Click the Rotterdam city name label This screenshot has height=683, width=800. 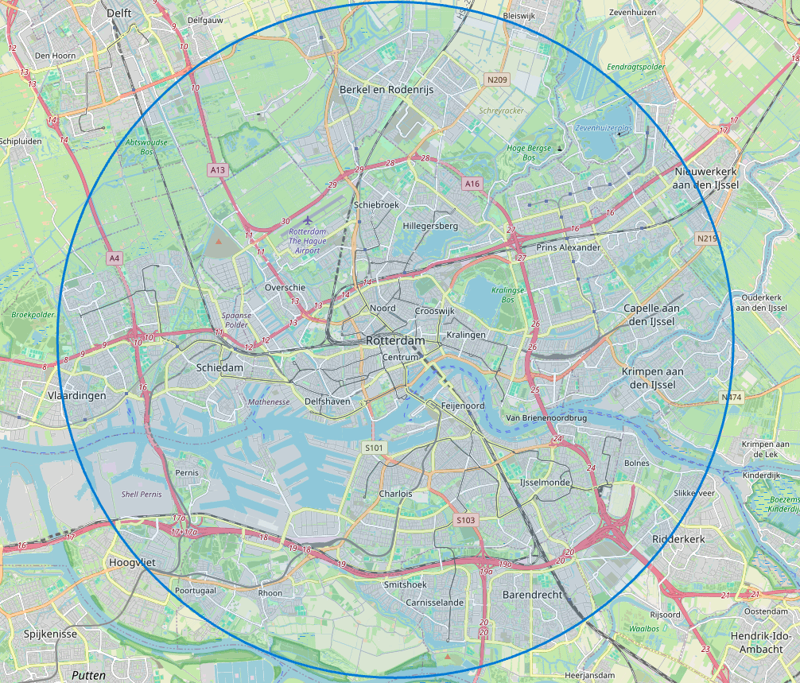pyautogui.click(x=395, y=340)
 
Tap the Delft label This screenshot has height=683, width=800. pyautogui.click(x=119, y=14)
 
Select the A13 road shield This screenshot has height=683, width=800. pyautogui.click(x=217, y=170)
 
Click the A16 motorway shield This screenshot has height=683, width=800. pyautogui.click(x=472, y=184)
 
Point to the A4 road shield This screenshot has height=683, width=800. pyautogui.click(x=115, y=258)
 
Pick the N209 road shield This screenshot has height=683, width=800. pyautogui.click(x=497, y=80)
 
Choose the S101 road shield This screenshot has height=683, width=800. pyautogui.click(x=374, y=448)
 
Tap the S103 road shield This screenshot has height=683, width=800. pyautogui.click(x=466, y=520)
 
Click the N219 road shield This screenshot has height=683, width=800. pyautogui.click(x=705, y=239)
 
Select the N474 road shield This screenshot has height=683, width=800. pyautogui.click(x=731, y=397)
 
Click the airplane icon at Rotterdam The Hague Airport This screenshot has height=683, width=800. pyautogui.click(x=309, y=220)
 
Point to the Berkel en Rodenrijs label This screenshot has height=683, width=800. pyautogui.click(x=386, y=90)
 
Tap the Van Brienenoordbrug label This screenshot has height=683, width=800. pyautogui.click(x=546, y=417)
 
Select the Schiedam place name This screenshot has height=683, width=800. pyautogui.click(x=219, y=368)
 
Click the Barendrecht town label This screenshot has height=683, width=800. pyautogui.click(x=532, y=595)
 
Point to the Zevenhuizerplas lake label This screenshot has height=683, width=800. pyautogui.click(x=604, y=127)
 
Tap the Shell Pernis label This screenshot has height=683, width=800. pyautogui.click(x=141, y=494)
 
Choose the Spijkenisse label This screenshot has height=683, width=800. pyautogui.click(x=50, y=634)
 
